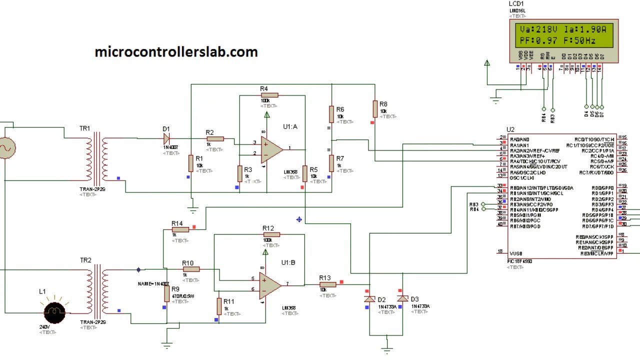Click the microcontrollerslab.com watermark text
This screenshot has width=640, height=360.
(x=176, y=52)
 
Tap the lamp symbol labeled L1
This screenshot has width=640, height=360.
(x=54, y=312)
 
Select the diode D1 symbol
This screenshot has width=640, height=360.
(x=166, y=138)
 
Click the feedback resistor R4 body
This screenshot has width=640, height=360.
(x=269, y=95)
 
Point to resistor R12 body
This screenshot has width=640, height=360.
(x=271, y=234)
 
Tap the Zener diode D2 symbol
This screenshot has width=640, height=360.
(x=369, y=299)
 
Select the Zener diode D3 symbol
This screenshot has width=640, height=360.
(x=402, y=298)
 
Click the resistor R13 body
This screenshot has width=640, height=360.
(x=327, y=284)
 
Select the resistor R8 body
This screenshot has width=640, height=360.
(x=375, y=108)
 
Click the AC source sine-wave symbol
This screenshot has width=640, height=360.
(x=7, y=148)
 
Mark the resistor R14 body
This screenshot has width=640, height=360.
(x=180, y=229)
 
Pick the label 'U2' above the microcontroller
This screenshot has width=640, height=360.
(x=510, y=130)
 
